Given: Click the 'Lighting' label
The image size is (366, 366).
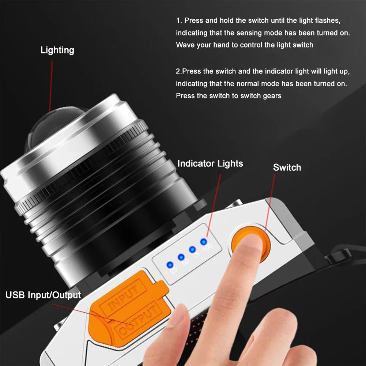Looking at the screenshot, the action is tap(57, 50).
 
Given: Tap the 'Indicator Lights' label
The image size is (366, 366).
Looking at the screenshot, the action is tap(210, 164).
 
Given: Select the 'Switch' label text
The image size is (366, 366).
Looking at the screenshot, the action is tap(287, 167).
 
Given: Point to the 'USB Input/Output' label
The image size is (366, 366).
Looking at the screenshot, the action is tap(43, 295).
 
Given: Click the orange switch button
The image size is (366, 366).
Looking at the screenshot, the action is tap(251, 244).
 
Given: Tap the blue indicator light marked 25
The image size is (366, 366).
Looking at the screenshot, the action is tap(170, 265).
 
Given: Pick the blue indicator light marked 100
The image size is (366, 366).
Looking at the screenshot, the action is tap(204, 242).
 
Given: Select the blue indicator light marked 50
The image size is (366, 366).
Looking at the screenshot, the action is tap(181, 257).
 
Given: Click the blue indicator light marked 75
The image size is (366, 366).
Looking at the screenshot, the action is tap(192, 249).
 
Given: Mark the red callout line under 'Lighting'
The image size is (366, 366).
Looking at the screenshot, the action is tap(51, 86).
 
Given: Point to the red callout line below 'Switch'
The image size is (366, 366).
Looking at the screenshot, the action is tap(270, 202).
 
